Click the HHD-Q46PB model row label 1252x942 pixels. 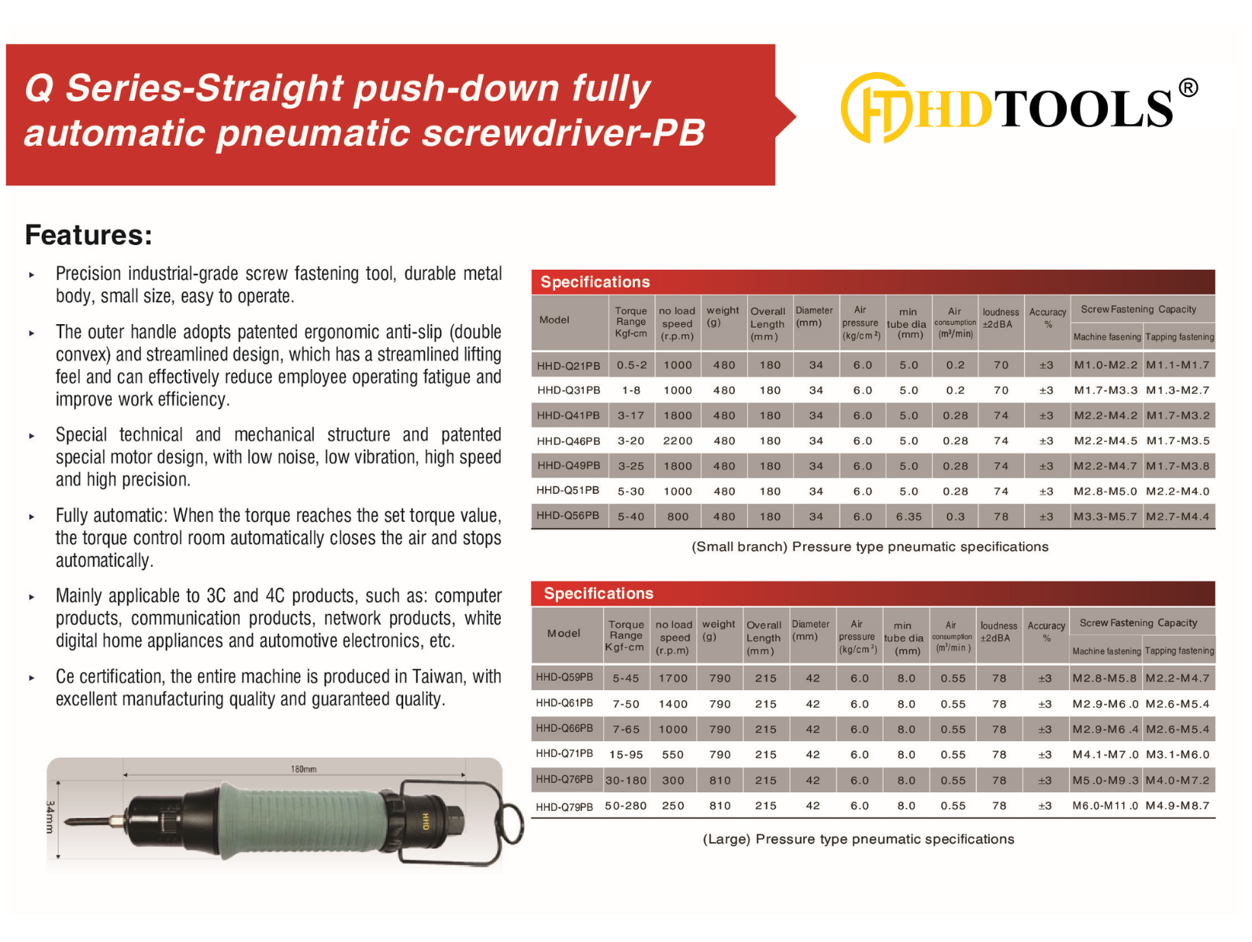click(568, 441)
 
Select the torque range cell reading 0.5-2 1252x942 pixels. click(631, 365)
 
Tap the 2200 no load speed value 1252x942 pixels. click(678, 441)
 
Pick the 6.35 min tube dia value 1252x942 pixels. click(909, 516)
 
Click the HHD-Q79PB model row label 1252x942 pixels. click(564, 807)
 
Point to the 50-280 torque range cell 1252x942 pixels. click(626, 806)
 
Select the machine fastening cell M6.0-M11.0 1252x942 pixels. click(1105, 806)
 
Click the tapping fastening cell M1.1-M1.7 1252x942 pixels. click(1178, 365)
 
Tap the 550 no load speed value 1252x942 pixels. click(673, 755)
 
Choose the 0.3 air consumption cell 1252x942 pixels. click(955, 516)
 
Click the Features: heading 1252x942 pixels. click(88, 235)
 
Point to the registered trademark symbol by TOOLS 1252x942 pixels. click(1188, 88)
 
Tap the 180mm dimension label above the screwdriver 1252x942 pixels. click(303, 769)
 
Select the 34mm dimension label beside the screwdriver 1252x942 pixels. click(50, 817)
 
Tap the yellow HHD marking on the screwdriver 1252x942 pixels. click(426, 821)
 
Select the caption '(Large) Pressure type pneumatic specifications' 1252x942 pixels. click(858, 840)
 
